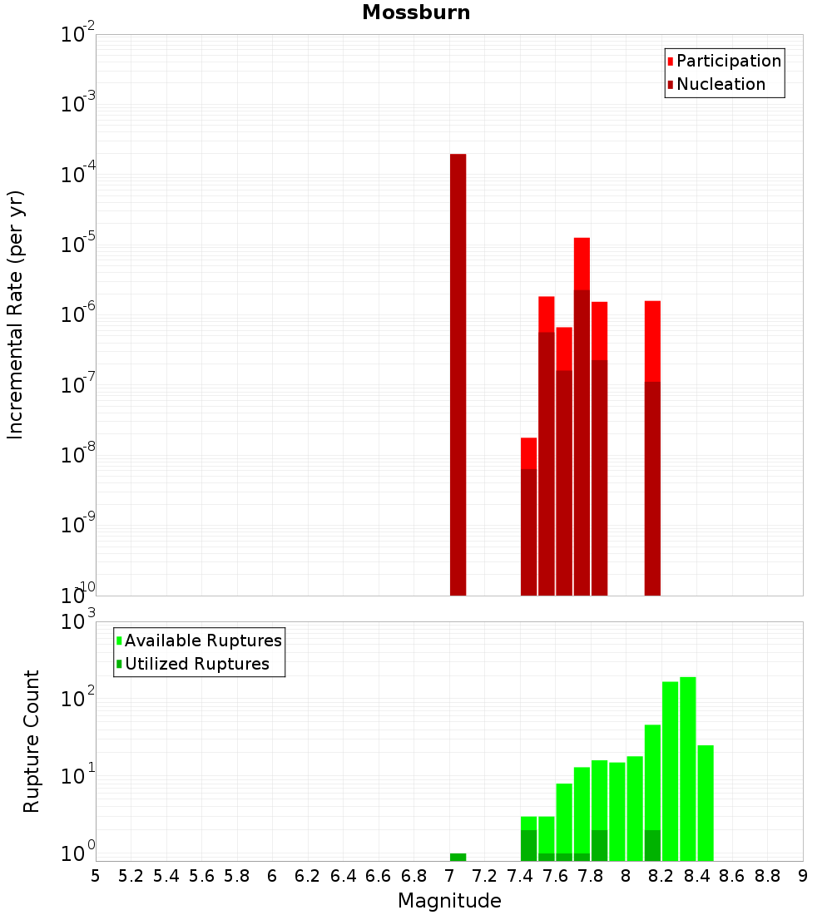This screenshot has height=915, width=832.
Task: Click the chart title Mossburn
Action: (x=416, y=12)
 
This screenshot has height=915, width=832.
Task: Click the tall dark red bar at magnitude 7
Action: (x=458, y=374)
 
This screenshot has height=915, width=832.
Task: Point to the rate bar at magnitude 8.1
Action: (x=652, y=449)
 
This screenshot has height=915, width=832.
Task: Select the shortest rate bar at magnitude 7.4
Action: (x=528, y=516)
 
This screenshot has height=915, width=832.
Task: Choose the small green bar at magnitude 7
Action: (x=458, y=857)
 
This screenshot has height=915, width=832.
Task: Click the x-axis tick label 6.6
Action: (x=379, y=877)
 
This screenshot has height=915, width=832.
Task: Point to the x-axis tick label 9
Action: (x=803, y=877)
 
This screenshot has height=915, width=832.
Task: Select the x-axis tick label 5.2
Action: (x=131, y=877)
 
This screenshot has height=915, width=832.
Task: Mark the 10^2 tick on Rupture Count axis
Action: (x=80, y=697)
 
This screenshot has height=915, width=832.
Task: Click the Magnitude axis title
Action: (x=449, y=901)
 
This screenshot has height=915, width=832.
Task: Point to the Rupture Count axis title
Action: (x=32, y=740)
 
